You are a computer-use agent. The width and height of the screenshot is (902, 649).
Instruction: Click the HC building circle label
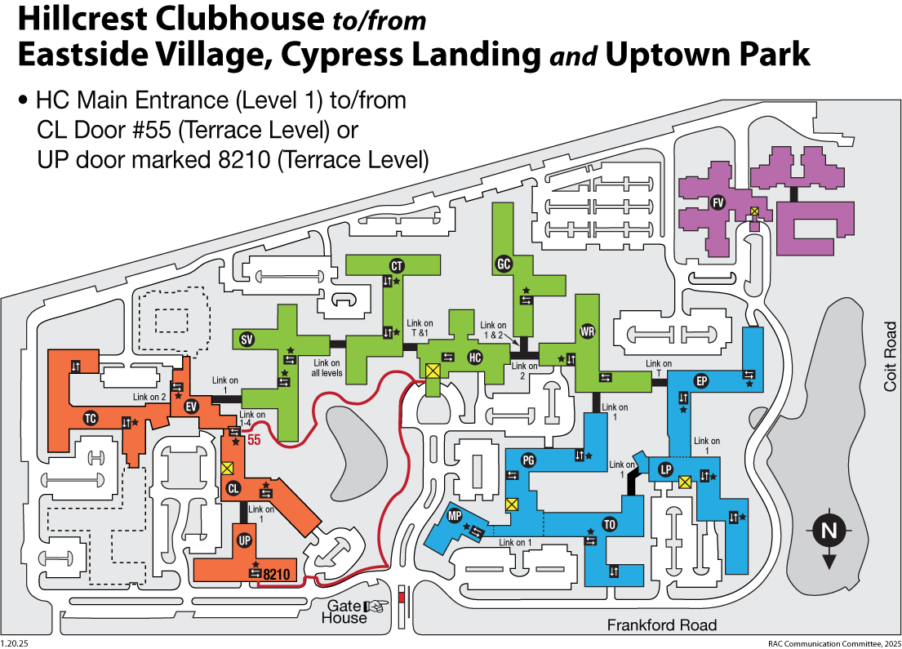[x=474, y=358]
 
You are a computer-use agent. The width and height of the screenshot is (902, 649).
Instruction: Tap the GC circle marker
[x=504, y=264]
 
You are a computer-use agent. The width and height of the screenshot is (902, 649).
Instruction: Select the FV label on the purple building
[x=718, y=202]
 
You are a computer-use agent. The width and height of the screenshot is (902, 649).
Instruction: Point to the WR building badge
[x=588, y=331]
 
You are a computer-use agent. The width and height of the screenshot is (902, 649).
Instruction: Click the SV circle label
[x=247, y=340]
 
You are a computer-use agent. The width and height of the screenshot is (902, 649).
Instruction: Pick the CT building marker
[x=397, y=266]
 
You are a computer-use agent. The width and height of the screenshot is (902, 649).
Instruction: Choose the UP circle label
[x=245, y=540]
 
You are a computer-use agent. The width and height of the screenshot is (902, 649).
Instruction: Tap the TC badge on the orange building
[x=91, y=418]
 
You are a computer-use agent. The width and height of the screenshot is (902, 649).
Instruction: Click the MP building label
[x=455, y=515]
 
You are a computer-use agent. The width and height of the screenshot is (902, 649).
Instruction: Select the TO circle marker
[x=609, y=524]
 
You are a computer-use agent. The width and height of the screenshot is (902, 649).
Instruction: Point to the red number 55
[x=254, y=440]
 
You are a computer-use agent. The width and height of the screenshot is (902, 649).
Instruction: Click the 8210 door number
[x=277, y=574]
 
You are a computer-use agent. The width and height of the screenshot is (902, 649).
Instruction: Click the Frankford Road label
[x=662, y=625]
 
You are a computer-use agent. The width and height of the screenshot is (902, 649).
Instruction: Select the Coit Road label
[x=890, y=357]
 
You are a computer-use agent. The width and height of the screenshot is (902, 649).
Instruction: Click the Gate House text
[x=344, y=612]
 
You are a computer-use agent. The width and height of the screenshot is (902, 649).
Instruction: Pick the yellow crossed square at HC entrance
[x=433, y=370]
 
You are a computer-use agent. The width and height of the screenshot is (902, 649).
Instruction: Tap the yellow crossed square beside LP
[x=685, y=482]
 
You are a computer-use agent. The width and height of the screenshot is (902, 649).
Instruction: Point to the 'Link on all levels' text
[x=327, y=368]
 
